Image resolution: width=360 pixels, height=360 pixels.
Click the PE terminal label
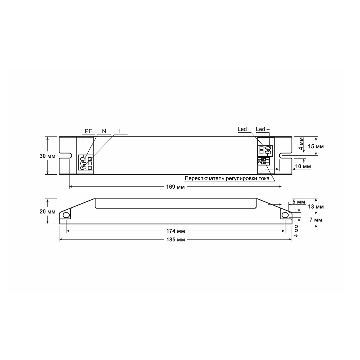coord(89,131)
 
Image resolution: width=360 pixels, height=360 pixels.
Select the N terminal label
coord(104,131)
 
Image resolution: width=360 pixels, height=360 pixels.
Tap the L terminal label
coord(121,131)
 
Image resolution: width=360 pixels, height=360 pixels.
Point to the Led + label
coord(245,129)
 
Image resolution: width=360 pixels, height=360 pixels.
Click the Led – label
coord(263,129)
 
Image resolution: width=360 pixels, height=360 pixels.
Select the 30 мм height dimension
coord(48,156)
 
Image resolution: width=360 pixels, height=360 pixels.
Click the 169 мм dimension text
coord(175,187)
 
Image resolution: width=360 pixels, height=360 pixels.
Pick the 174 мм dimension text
coord(175,231)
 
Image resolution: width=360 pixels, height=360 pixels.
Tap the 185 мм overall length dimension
coord(175,240)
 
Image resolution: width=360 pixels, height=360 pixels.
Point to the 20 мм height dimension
coord(48,211)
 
